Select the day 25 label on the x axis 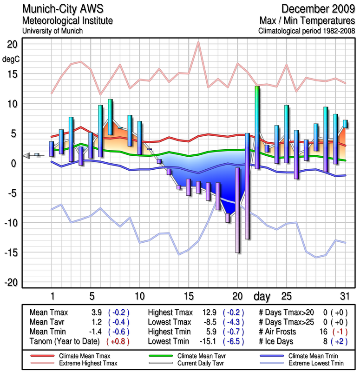tap(286, 296)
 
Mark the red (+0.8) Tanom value tap(118, 342)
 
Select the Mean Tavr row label tap(47, 322)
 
